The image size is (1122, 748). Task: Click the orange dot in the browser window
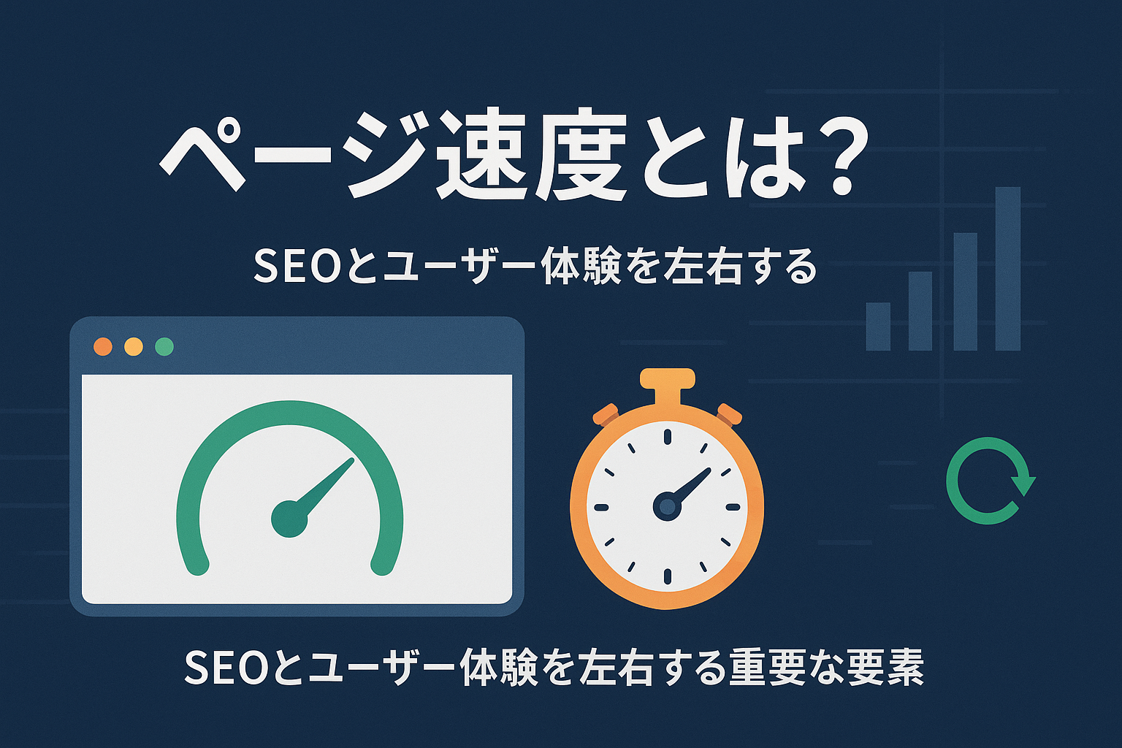tap(103, 346)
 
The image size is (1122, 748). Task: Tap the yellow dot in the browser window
tap(134, 346)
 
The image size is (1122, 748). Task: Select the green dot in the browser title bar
tap(164, 346)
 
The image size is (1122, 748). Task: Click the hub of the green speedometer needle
tap(289, 519)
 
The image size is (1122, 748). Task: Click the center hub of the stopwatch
tap(667, 506)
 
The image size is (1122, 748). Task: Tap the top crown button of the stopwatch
tap(668, 378)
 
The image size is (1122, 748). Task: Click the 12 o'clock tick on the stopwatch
tap(668, 436)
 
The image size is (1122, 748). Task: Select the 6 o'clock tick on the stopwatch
tap(668, 576)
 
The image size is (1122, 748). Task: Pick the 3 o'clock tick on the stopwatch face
tap(733, 507)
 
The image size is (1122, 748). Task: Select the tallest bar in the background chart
tap(1008, 269)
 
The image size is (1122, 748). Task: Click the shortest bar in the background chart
tap(878, 326)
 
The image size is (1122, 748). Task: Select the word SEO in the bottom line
tap(225, 668)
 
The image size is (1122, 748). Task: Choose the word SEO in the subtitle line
tap(294, 266)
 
